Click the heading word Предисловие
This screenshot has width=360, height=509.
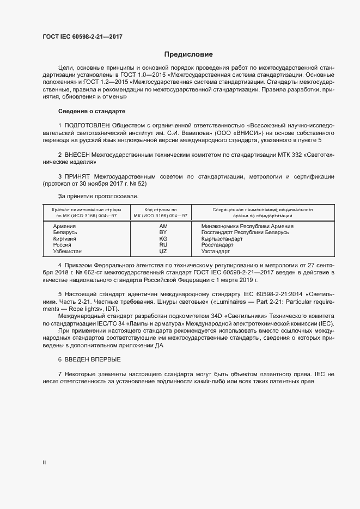click(188, 54)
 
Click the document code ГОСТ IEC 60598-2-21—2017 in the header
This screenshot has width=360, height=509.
click(82, 37)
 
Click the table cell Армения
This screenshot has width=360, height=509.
click(64, 226)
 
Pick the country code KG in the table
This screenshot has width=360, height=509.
click(163, 239)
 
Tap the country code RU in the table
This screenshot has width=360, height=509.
click(163, 245)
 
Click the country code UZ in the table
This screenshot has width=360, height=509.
click(163, 252)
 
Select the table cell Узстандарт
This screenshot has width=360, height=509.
click(216, 252)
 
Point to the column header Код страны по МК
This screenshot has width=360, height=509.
click(161, 212)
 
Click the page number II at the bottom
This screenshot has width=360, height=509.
click(44, 462)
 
